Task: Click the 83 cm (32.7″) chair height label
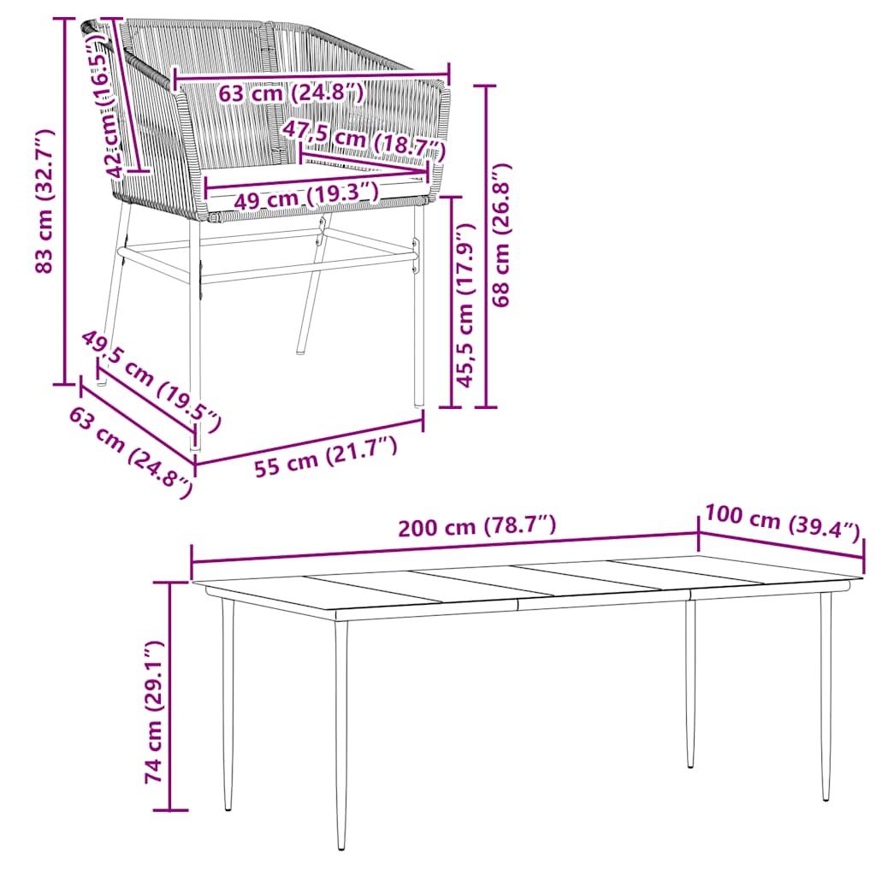point(44,201)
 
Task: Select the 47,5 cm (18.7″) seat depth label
point(364,139)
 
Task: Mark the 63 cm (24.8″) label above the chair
point(291,92)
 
